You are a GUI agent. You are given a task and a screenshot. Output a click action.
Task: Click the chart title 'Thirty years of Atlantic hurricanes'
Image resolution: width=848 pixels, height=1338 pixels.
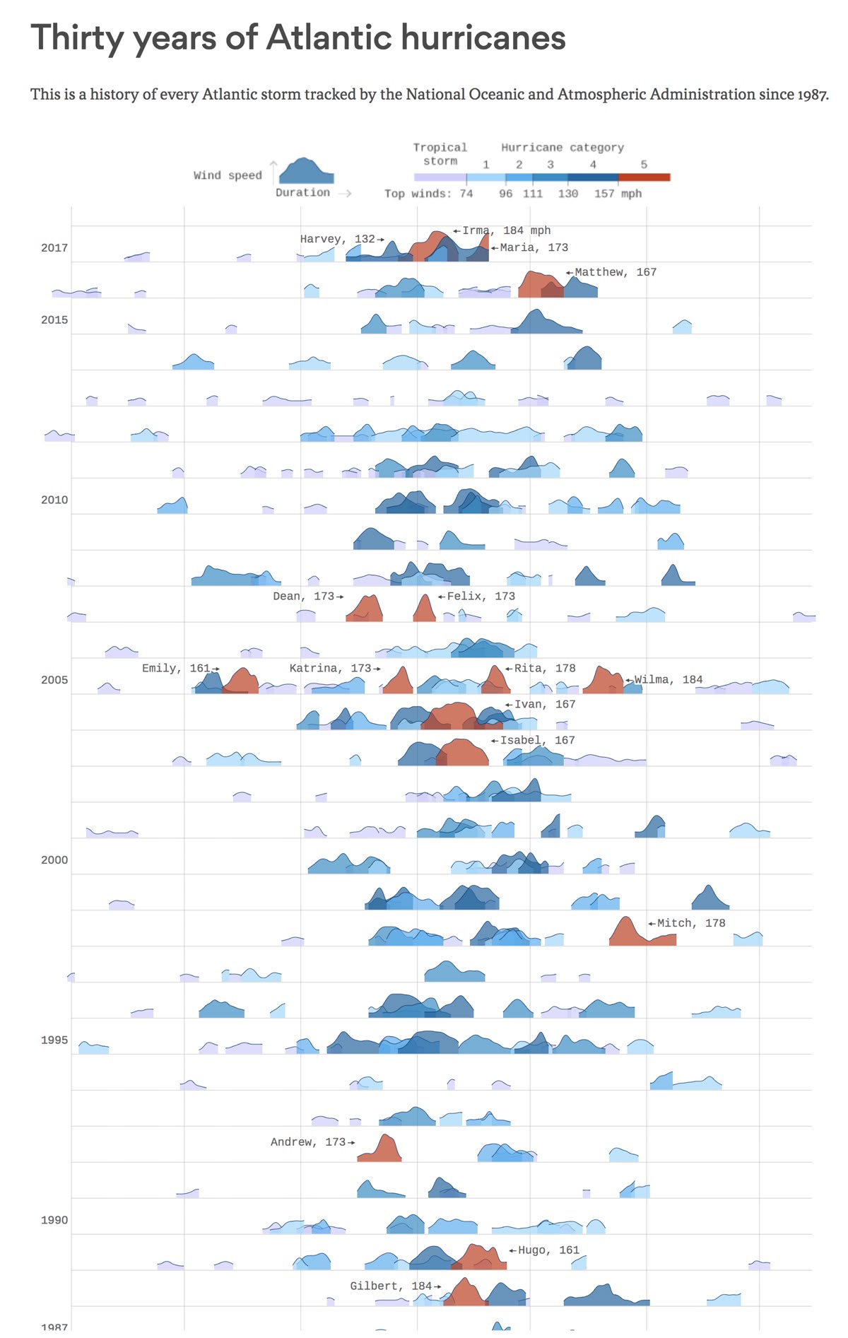click(x=298, y=37)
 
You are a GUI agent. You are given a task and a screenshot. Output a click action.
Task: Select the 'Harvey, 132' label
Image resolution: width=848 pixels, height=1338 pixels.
click(x=338, y=239)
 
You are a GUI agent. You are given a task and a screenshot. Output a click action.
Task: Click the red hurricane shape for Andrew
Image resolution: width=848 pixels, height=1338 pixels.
click(x=382, y=1151)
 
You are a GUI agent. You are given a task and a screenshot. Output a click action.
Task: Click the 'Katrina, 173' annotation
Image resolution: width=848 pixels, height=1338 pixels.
click(x=330, y=668)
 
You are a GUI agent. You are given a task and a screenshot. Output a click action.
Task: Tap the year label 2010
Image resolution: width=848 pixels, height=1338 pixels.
click(x=54, y=500)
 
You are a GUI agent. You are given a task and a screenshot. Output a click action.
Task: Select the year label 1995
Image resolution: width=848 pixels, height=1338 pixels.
click(x=54, y=1040)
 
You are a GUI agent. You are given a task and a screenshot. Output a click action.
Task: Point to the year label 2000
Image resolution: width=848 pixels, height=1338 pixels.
click(x=54, y=859)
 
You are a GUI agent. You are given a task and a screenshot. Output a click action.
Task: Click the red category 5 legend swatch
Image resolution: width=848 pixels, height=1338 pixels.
click(x=644, y=177)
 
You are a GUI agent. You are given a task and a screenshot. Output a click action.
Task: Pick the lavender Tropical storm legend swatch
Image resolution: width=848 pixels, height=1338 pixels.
click(x=440, y=177)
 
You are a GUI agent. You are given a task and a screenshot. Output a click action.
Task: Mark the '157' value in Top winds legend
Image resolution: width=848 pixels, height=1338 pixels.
click(x=603, y=194)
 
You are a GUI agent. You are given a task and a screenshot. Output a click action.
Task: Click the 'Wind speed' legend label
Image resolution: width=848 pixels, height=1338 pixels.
click(x=228, y=175)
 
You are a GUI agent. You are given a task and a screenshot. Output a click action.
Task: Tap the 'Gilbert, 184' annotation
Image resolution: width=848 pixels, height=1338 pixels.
click(x=391, y=1286)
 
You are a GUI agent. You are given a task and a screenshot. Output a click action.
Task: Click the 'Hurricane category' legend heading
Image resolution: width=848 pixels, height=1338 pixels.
click(x=563, y=147)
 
